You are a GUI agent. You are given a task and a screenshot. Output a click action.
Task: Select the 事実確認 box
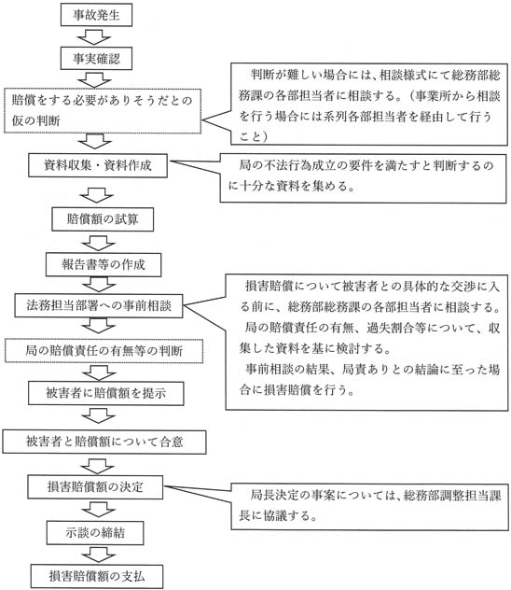[x=95, y=60]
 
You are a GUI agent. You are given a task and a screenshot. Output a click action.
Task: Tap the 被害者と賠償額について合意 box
[x=104, y=438]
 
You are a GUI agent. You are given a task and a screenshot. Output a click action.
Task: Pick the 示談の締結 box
[x=95, y=530]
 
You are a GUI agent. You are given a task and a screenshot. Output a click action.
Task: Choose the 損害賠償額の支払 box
[x=95, y=574]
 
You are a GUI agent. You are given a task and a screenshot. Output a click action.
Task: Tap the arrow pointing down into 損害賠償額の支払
[x=96, y=553]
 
